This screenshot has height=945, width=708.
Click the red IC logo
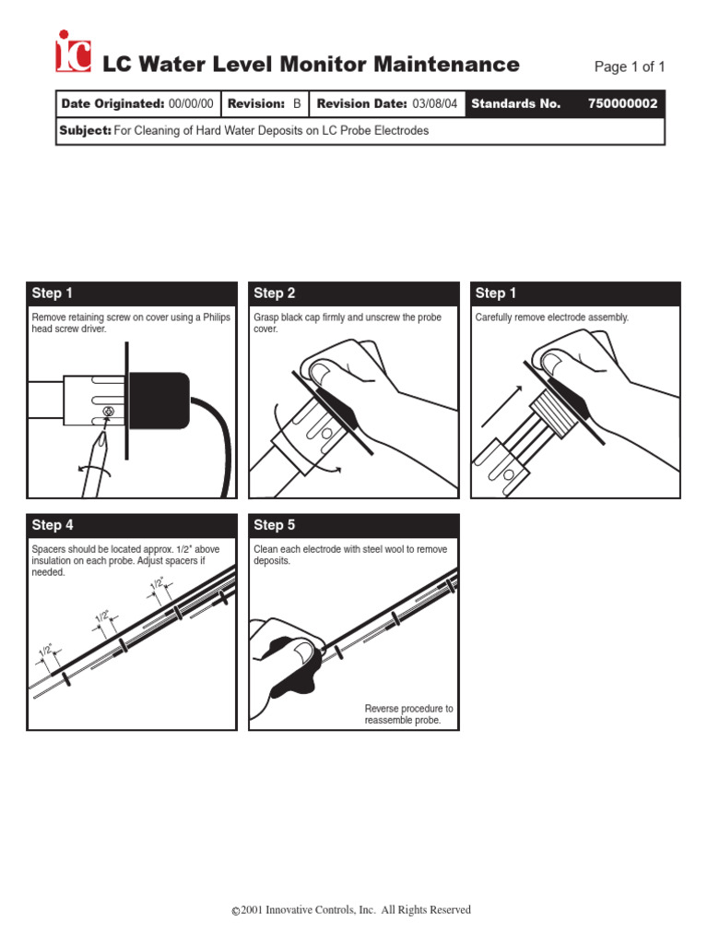(x=73, y=53)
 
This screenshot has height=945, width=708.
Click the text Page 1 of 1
(x=629, y=66)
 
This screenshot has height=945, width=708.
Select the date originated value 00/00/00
(x=191, y=103)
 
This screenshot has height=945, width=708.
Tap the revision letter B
(x=297, y=103)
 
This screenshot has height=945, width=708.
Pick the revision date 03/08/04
(x=434, y=103)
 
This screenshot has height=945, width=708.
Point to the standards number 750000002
(x=622, y=103)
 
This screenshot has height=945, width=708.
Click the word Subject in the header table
(x=85, y=131)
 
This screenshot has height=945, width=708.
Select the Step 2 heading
(x=274, y=293)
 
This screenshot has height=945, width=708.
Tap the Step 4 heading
(x=53, y=525)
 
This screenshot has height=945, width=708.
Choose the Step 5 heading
(x=274, y=525)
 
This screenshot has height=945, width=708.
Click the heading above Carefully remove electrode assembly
(x=496, y=293)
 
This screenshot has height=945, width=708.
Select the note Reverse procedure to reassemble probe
(x=407, y=714)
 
